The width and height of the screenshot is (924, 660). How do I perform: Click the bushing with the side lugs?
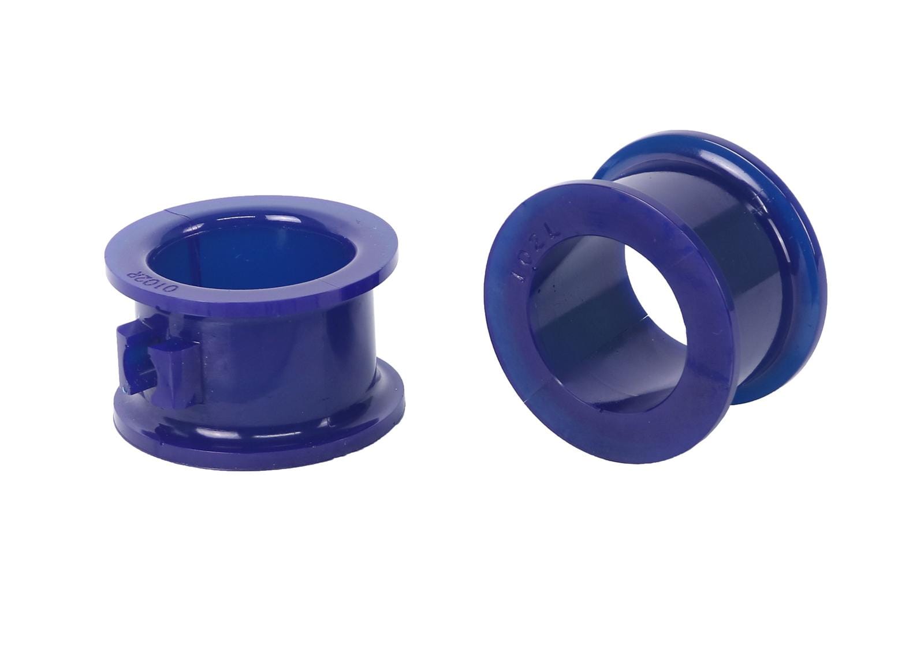click(x=254, y=329)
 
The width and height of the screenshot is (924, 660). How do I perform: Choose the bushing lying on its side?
click(x=653, y=288)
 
